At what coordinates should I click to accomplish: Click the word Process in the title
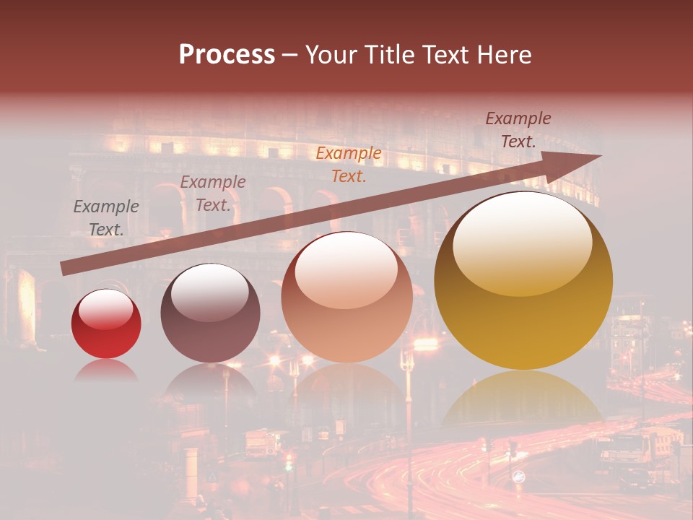227,55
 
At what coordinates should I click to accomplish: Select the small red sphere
106,324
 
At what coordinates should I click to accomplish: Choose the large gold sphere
523,282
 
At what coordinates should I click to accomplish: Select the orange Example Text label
349,164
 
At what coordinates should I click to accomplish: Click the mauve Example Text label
213,194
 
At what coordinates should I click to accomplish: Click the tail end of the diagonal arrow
66,269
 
